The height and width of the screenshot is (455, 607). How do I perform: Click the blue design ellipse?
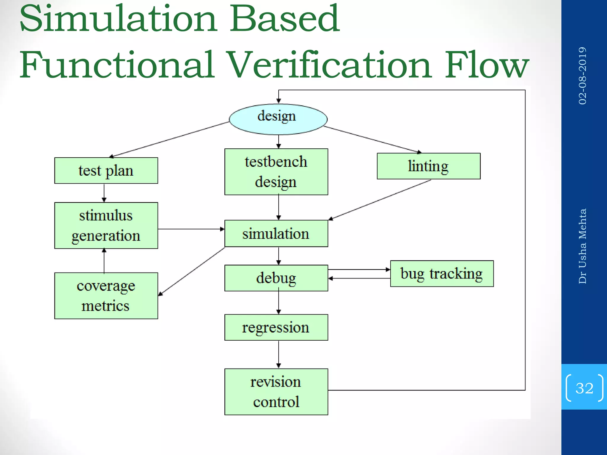click(278, 119)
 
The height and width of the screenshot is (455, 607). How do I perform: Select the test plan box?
click(106, 171)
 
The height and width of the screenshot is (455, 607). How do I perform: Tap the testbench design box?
click(276, 172)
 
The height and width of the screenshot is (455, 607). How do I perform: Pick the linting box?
click(429, 166)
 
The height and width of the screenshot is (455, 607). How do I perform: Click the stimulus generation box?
click(106, 225)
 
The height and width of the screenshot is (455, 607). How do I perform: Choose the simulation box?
click(276, 233)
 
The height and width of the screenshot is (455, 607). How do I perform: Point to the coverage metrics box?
click(106, 296)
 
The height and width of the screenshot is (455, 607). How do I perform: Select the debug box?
click(276, 278)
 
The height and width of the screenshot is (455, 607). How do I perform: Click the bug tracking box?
click(442, 274)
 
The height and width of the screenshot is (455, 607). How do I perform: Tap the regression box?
click(276, 327)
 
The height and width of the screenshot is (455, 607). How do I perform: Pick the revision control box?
click(276, 392)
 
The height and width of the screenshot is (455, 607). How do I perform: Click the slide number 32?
click(584, 388)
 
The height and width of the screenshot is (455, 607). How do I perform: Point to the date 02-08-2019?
click(582, 76)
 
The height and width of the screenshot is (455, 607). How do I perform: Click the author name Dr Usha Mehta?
click(582, 246)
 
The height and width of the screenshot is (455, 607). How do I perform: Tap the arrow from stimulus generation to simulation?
click(191, 229)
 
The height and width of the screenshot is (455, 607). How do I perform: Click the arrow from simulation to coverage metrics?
click(191, 271)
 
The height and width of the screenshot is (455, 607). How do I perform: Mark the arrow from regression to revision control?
click(279, 354)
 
